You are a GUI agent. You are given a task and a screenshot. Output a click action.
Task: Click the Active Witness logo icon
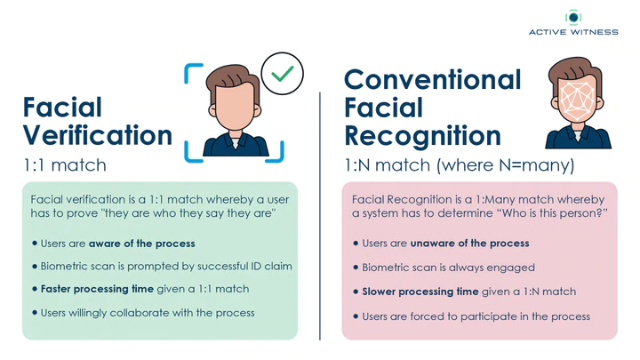point(573,17)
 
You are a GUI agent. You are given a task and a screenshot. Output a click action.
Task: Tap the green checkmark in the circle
point(283,74)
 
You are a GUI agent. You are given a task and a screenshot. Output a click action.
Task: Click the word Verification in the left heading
point(98,135)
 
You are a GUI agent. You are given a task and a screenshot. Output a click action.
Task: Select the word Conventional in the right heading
point(433,79)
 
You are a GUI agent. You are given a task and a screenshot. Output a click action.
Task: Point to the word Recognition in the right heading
point(422,135)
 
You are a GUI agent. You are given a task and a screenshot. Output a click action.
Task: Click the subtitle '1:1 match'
point(65,165)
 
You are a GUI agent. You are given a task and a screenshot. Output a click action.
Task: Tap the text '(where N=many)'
point(505,165)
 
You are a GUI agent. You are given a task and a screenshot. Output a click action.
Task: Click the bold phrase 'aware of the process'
point(142,244)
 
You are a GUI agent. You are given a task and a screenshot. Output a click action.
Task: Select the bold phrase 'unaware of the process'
point(470,244)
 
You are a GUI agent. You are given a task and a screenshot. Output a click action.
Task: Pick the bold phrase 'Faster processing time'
point(97,289)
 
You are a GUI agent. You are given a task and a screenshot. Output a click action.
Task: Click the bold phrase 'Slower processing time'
point(420,292)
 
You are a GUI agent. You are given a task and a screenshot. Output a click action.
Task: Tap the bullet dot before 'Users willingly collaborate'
point(35,313)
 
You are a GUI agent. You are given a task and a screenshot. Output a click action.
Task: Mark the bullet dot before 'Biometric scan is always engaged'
point(356,268)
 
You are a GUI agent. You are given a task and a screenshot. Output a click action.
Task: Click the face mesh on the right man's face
point(578,100)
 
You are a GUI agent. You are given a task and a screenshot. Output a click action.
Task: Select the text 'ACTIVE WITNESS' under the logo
point(573,32)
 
